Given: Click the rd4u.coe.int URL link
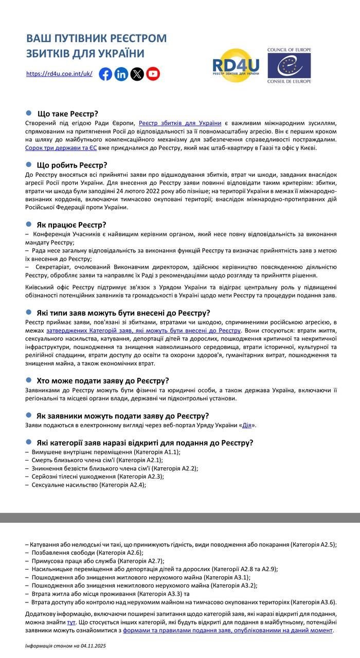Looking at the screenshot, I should [x=59, y=74].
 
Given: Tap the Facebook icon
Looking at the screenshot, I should [x=105, y=74].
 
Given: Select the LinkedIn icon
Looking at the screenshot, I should [x=121, y=74].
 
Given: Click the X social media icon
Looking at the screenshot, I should [x=137, y=74].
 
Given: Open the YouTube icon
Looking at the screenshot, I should [x=153, y=74].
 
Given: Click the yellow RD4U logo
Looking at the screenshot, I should [x=236, y=65].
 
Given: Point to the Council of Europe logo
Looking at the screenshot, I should [x=289, y=65].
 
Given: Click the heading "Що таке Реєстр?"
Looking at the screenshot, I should [x=67, y=114].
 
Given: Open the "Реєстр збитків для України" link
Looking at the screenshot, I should [x=180, y=123].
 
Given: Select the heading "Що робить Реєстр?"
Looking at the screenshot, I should [x=72, y=165].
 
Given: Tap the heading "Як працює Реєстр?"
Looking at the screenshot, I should [x=71, y=225].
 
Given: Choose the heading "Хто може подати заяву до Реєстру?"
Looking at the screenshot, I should [x=103, y=381].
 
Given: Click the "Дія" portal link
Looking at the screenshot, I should [x=247, y=425].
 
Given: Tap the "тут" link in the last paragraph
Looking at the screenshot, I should [x=71, y=622].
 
